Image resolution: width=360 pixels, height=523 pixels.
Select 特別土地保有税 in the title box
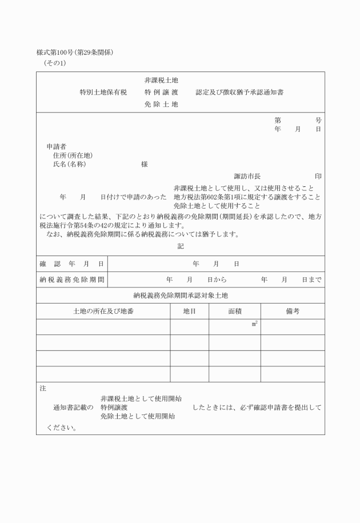(103, 91)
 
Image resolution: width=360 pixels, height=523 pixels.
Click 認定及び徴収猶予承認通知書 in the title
(240, 91)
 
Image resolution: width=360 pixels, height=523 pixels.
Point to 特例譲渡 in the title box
(161, 91)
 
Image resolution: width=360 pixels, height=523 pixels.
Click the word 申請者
(57, 146)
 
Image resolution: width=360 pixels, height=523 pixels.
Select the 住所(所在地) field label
(73, 155)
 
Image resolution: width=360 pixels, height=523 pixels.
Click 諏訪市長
(247, 175)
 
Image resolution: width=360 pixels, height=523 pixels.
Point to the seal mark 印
(318, 175)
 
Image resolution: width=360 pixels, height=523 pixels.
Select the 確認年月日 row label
(71, 264)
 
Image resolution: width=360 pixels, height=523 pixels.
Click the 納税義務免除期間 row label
(72, 280)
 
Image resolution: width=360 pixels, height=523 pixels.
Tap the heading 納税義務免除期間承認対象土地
(181, 296)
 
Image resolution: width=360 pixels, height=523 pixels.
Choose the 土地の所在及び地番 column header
(103, 312)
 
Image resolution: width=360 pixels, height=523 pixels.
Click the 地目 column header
(189, 312)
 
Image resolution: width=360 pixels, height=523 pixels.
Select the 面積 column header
(234, 312)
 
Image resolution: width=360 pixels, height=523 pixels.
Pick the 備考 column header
(293, 312)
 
